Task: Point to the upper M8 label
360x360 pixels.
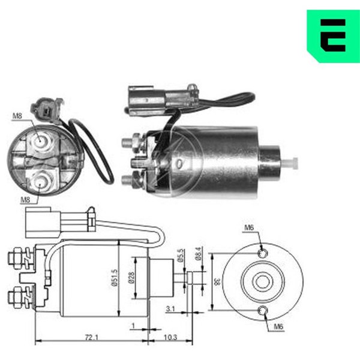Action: (x=17, y=115)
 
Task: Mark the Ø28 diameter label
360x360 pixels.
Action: (x=137, y=277)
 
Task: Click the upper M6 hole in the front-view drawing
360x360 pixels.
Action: (x=263, y=254)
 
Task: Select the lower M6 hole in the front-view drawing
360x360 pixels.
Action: (x=263, y=310)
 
